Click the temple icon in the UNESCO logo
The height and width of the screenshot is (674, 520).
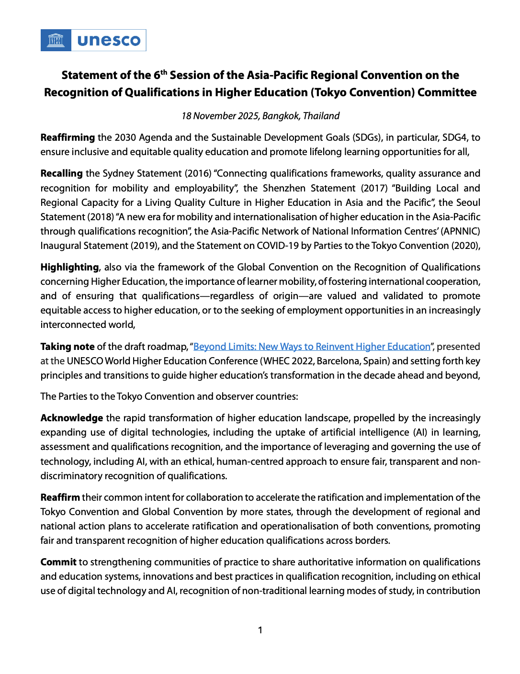tap(56, 40)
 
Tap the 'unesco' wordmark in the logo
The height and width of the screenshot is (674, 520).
tap(109, 40)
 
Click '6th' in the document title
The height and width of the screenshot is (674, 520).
tap(160, 75)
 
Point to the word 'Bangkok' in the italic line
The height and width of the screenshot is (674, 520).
tap(280, 116)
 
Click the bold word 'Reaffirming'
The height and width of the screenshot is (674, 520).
tap(68, 137)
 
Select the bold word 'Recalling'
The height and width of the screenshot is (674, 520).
tap(62, 173)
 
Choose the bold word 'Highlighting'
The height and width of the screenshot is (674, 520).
tap(69, 267)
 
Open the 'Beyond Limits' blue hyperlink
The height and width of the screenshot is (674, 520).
tap(312, 347)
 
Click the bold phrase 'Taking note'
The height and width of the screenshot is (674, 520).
tap(68, 347)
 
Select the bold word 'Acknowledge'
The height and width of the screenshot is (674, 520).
tap(72, 418)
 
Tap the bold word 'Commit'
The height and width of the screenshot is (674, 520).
tap(58, 562)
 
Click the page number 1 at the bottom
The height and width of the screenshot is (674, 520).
tap(260, 630)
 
